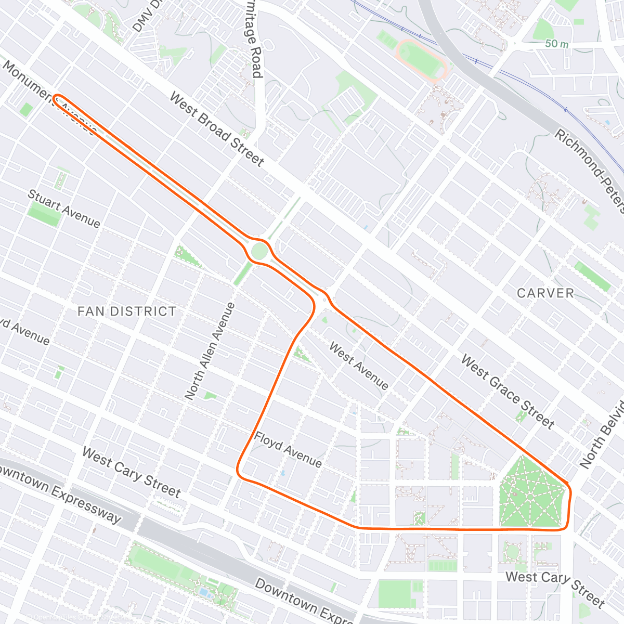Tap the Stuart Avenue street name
(x=63, y=209)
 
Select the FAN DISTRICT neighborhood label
(x=127, y=311)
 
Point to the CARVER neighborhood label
(x=545, y=293)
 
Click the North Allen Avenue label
(x=210, y=352)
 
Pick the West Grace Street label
(x=508, y=392)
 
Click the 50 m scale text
(x=556, y=44)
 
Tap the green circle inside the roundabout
(x=259, y=252)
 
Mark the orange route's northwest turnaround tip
(x=56, y=97)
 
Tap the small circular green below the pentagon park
(x=512, y=552)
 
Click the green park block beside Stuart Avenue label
(x=44, y=214)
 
